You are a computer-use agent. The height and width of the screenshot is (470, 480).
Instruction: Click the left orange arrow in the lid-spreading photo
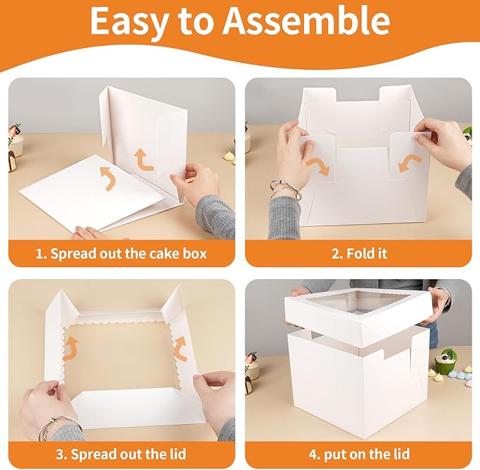pos(71,347)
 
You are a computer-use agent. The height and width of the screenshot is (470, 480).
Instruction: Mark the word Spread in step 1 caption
pos(72,253)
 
